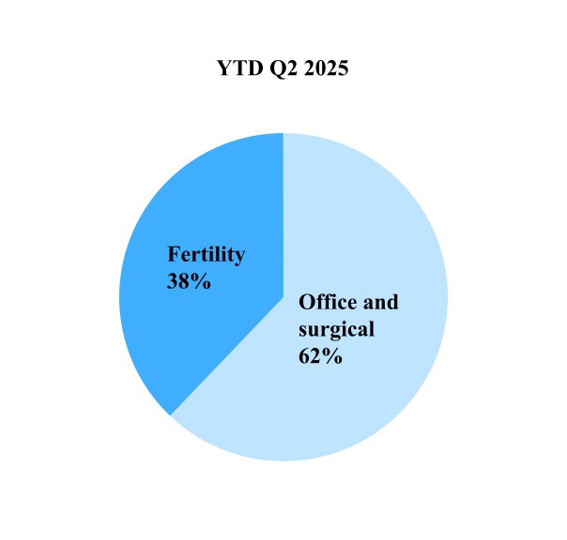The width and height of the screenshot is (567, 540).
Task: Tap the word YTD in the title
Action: [239, 67]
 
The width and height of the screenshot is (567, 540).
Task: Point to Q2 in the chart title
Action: [283, 68]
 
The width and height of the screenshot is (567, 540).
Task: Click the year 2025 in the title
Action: [326, 67]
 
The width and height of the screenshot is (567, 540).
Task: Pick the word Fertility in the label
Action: [207, 255]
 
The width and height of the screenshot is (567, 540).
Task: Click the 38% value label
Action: [189, 281]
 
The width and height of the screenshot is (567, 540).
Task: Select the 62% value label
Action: [320, 356]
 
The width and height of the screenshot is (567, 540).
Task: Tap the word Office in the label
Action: [326, 302]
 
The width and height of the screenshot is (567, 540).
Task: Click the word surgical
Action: [336, 329]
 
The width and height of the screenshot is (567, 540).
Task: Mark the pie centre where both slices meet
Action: [283, 297]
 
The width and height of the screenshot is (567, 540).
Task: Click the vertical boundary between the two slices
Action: [283, 215]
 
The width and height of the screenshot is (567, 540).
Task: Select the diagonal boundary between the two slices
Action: [227, 356]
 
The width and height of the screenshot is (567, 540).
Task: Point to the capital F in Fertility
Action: [174, 254]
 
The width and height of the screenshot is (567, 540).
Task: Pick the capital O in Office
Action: [306, 302]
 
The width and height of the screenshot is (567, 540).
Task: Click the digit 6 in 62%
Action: [304, 356]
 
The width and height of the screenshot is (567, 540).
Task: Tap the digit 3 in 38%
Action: [172, 281]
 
